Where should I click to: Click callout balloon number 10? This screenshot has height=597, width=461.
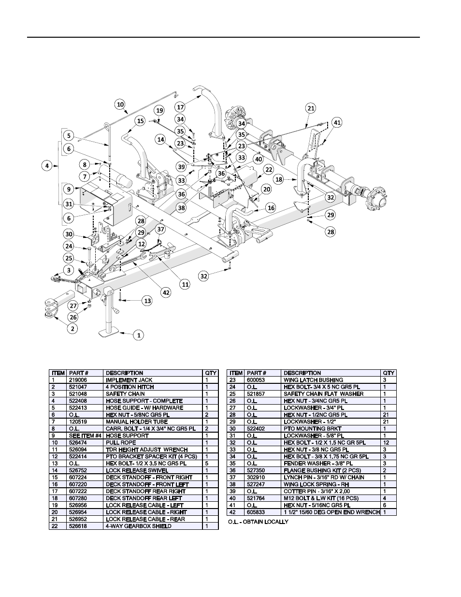[120, 104]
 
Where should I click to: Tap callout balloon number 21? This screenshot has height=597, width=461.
[311, 108]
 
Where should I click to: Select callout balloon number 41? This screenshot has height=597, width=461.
[337, 123]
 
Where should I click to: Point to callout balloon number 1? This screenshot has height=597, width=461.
[139, 335]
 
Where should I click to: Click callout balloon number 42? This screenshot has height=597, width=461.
[166, 292]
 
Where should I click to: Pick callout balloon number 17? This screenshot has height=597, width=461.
[180, 107]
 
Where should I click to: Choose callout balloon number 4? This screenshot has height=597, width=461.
[47, 166]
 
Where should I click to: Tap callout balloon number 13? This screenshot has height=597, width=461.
[147, 301]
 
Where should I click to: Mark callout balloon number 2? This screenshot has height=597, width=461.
[72, 329]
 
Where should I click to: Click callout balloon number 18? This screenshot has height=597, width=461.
[279, 179]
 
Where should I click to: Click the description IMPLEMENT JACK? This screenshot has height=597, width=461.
[129, 380]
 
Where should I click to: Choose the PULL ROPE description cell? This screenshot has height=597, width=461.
[119, 442]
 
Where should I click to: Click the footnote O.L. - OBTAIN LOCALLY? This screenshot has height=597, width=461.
[258, 522]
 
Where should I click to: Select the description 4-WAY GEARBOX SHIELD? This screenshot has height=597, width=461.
[138, 526]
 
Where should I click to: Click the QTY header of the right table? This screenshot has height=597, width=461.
[389, 373]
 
